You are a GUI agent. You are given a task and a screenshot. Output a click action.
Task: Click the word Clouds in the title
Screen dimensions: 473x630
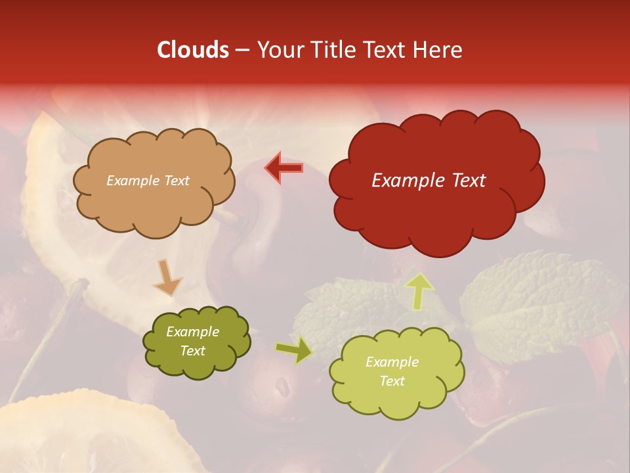193,50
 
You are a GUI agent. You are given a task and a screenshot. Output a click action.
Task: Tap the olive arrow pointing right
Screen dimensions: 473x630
294,351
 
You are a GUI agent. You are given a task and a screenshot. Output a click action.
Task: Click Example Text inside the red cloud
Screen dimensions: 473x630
429,181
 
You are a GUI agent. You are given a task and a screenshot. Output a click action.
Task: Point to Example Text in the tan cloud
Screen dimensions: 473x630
148,181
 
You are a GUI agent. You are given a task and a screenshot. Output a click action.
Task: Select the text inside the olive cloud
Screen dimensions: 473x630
192,342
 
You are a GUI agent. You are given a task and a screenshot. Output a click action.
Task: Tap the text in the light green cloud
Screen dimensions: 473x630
392,371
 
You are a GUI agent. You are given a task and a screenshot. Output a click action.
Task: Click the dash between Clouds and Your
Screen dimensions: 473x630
242,51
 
